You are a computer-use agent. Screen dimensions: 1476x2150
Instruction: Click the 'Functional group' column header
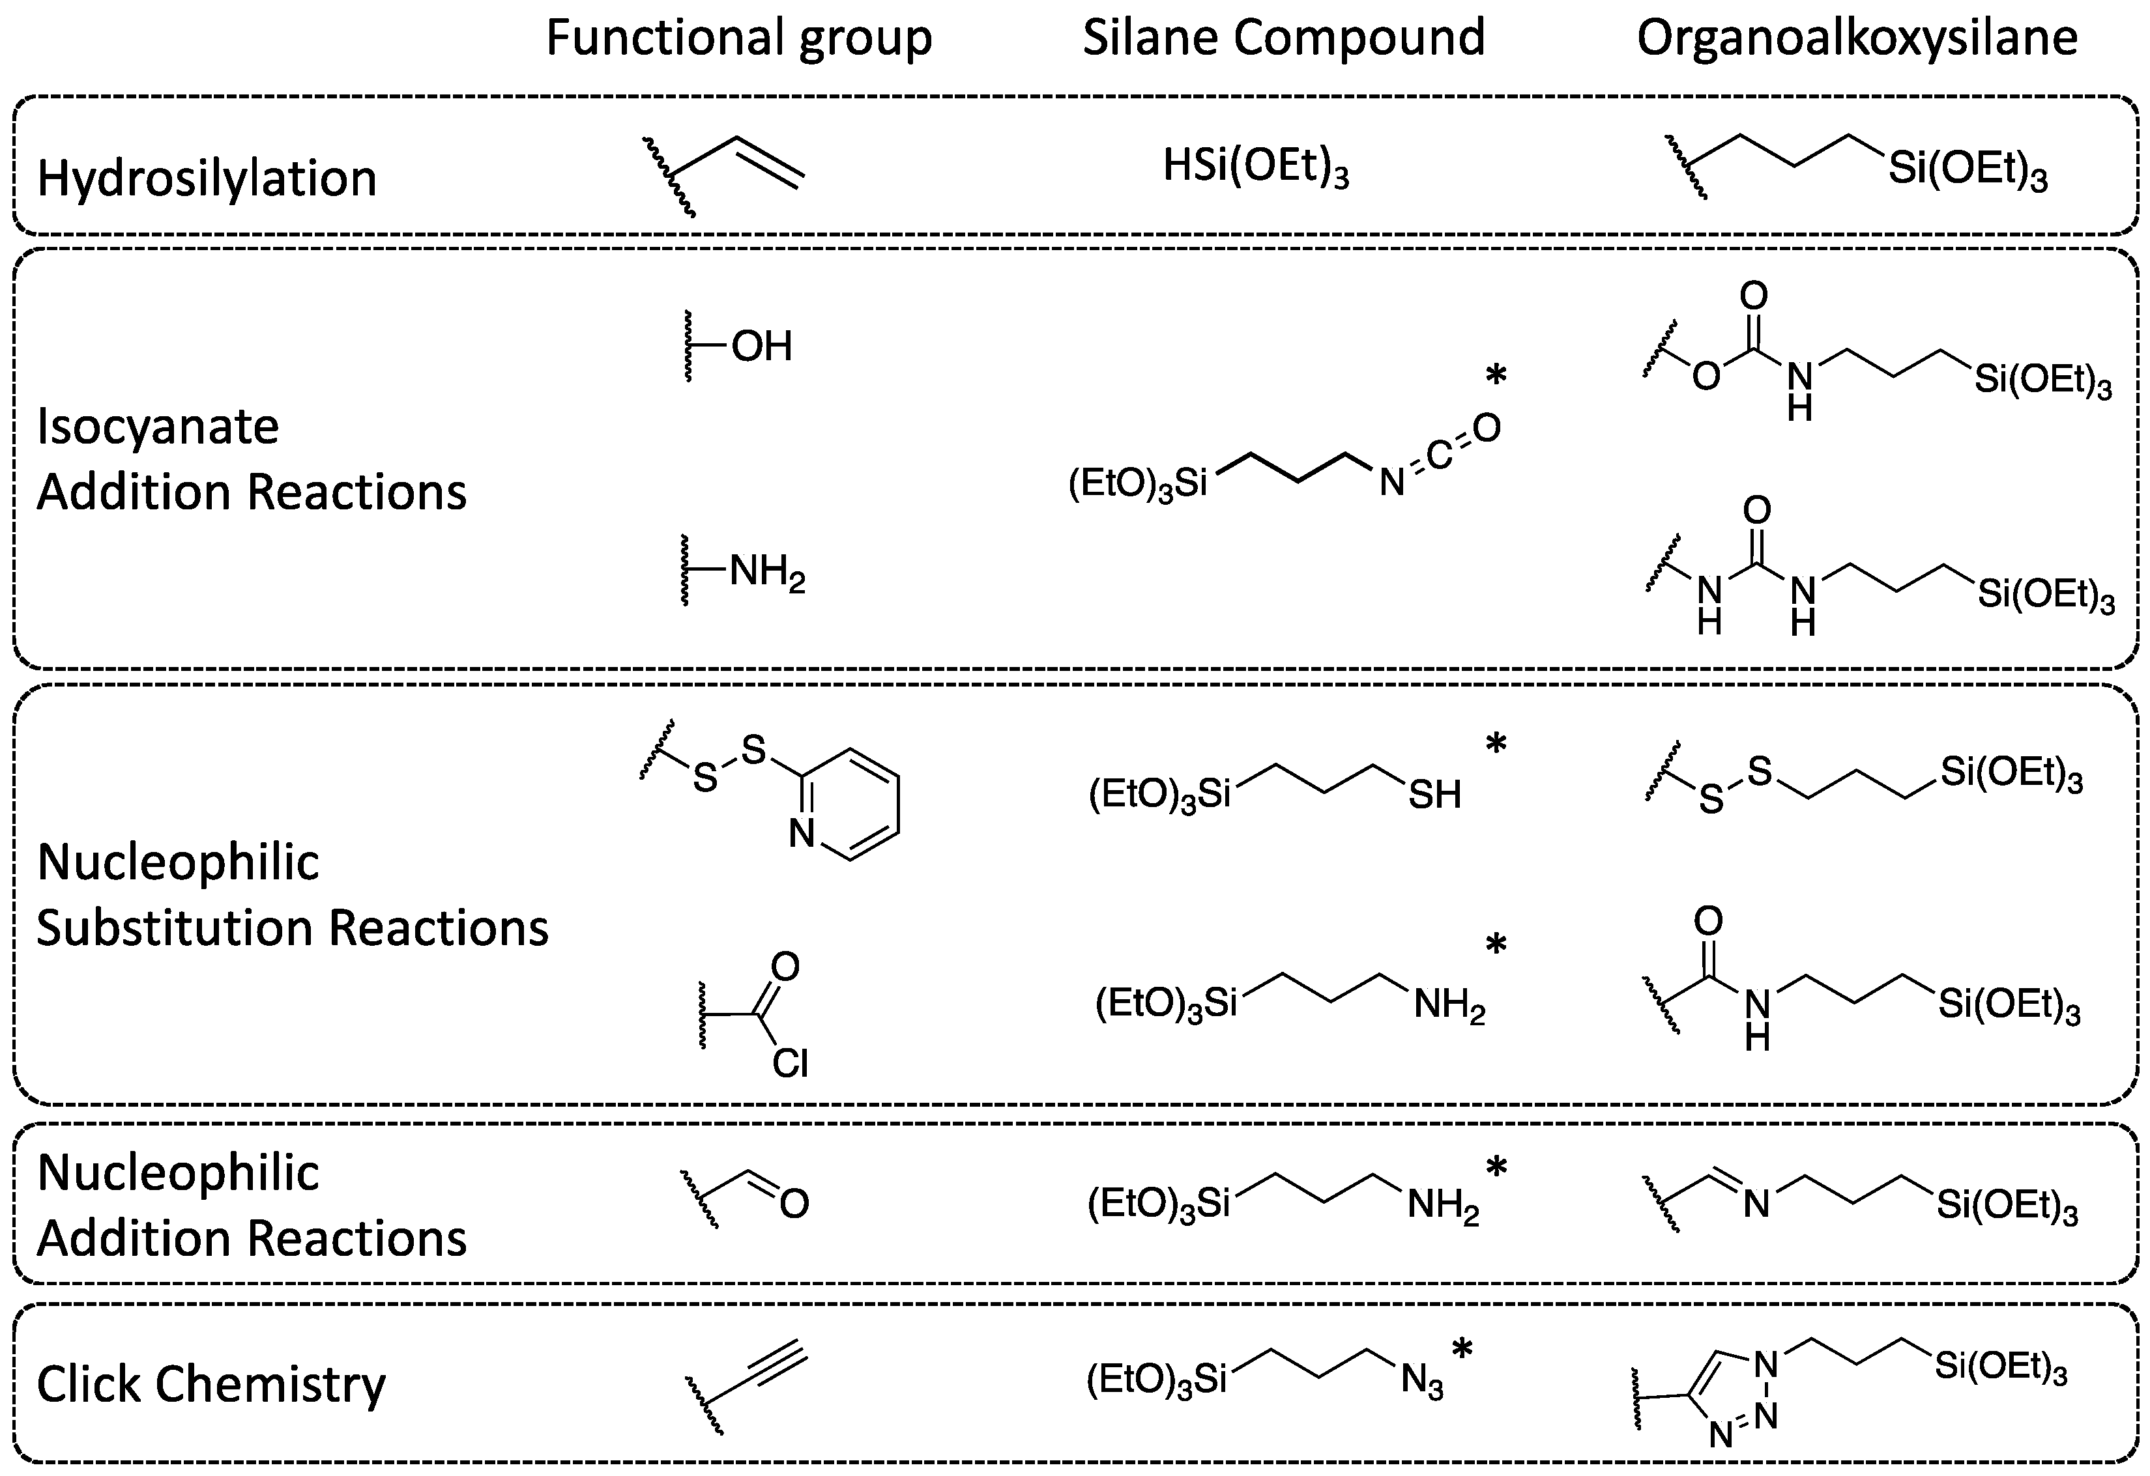(738, 39)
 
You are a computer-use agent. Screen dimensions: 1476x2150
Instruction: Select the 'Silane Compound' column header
(1283, 39)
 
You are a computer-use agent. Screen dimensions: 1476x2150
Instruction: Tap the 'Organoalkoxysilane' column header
(1857, 39)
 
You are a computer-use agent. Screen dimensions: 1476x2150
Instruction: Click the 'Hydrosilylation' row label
(207, 178)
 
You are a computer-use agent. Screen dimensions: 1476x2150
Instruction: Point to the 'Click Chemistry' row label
(211, 1384)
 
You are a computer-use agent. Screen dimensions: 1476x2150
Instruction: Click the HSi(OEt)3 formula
(1255, 168)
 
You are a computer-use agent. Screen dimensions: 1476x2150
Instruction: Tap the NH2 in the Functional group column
(767, 573)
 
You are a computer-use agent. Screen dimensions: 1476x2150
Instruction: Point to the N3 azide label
(1422, 1382)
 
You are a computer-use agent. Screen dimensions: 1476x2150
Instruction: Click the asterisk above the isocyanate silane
(1496, 375)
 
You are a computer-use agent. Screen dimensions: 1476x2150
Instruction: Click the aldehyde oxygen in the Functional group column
(794, 1203)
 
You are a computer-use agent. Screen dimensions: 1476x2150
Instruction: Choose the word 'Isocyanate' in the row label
(157, 427)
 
